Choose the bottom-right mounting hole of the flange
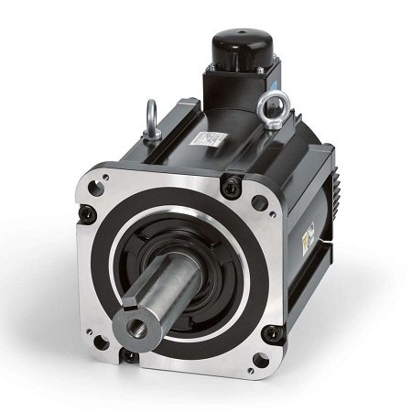click(x=272, y=333)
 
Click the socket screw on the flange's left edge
click(x=88, y=214)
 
